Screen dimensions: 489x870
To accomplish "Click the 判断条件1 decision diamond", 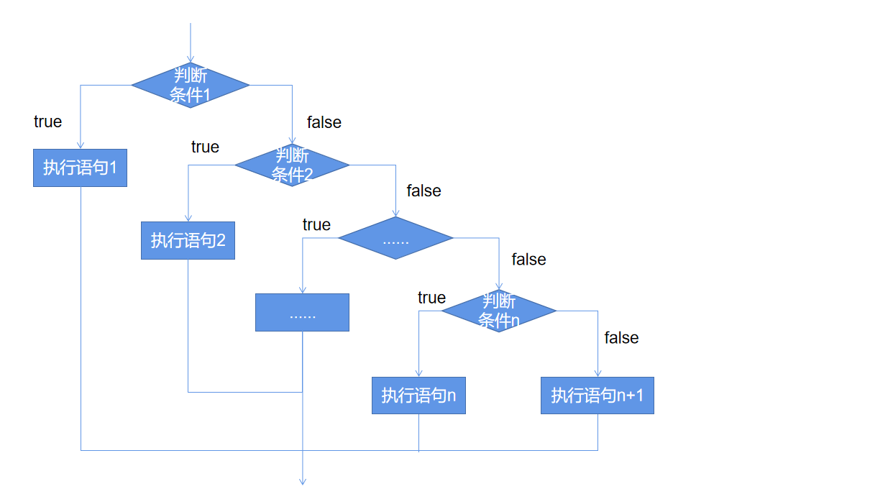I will coord(190,85).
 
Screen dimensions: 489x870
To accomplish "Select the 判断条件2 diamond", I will coord(292,165).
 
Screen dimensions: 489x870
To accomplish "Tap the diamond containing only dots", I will coord(395,238).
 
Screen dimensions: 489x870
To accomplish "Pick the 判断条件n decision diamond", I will coord(499,311).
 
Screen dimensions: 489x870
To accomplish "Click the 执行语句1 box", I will coord(80,168).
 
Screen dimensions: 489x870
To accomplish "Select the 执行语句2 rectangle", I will coord(188,240).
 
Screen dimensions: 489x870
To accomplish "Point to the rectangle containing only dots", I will coord(302,313).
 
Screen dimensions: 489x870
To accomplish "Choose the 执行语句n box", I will coord(418,396).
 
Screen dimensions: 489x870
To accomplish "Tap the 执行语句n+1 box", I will coord(597,396).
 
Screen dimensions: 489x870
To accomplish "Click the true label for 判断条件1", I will coord(47,122).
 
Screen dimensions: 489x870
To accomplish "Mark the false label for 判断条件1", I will coord(324,122).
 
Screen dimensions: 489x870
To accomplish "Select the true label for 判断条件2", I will coord(205,147).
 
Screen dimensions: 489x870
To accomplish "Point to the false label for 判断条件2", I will coord(423,191).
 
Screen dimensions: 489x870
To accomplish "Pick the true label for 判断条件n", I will coord(431,298).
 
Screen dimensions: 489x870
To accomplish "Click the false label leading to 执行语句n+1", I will coord(621,338).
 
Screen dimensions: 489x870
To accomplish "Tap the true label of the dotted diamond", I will coord(316,225).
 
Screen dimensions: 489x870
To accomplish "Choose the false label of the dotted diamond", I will coord(528,260).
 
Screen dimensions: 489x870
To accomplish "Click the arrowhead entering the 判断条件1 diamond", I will coord(190,59).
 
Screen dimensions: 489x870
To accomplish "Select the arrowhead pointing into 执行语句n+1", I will coord(597,373).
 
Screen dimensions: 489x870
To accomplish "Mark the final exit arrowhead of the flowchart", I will coord(303,481).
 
